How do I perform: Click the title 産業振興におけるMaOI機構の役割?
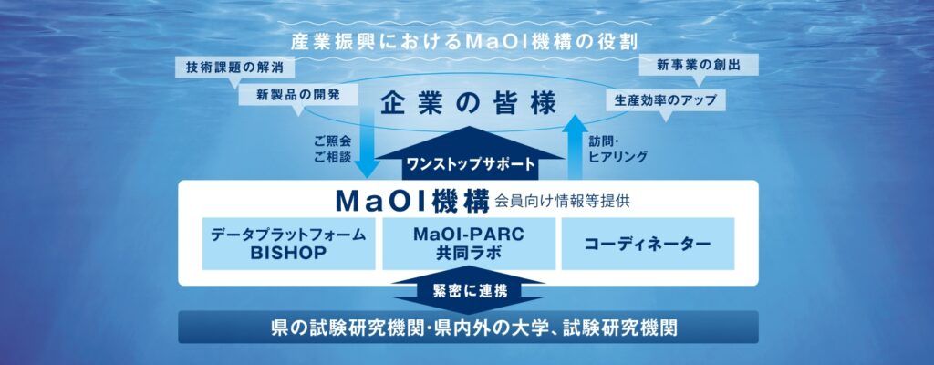point(464,42)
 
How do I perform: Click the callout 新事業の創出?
point(690,65)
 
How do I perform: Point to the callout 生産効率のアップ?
point(665,99)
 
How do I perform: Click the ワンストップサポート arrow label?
point(470,163)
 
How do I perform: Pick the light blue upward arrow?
point(575,146)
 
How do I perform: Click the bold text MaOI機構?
point(412,201)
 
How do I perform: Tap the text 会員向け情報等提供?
point(561,203)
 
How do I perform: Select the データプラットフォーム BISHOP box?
point(288,244)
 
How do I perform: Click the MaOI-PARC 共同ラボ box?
point(468,244)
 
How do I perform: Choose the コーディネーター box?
point(648,244)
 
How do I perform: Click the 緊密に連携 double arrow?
point(468,290)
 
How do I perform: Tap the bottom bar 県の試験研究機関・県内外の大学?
point(468,328)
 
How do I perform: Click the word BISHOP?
point(288,252)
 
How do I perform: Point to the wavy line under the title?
point(464,58)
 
